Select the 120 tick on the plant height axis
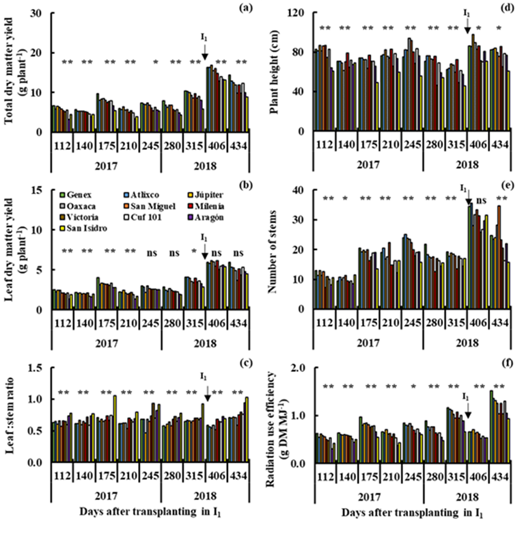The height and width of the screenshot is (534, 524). tap(299, 13)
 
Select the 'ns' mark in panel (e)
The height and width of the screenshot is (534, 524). tap(481, 200)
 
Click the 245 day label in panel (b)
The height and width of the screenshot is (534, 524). tap(150, 320)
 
